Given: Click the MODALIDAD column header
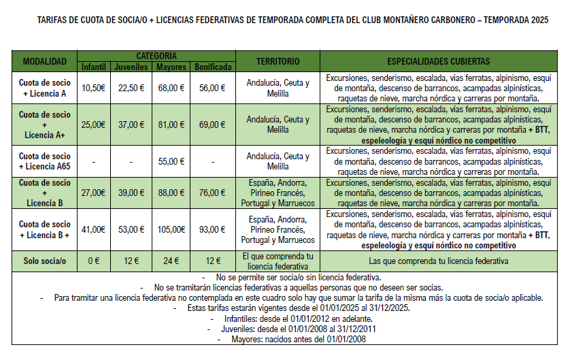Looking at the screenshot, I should tap(45, 61).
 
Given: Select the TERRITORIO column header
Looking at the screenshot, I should tap(277, 61).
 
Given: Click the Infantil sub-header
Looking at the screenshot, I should tap(93, 67).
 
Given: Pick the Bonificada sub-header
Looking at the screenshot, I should tap(213, 67).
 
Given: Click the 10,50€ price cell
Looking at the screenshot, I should tap(93, 88).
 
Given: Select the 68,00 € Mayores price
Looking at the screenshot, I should tap(171, 88).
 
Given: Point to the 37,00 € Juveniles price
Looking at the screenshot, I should tap(131, 125).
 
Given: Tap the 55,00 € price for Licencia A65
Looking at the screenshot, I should tap(171, 162).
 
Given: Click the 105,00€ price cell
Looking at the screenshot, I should tap(171, 229).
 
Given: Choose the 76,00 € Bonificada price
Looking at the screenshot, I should tap(213, 193).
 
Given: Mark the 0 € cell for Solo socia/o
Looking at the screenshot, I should tap(93, 261).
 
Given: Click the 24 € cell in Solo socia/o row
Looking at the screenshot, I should tap(171, 261).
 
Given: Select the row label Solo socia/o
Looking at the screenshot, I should tap(45, 261).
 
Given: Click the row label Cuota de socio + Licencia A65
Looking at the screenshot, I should tap(45, 162).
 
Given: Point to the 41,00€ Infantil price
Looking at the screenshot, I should tap(93, 229).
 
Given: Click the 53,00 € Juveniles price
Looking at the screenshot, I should tap(131, 229).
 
